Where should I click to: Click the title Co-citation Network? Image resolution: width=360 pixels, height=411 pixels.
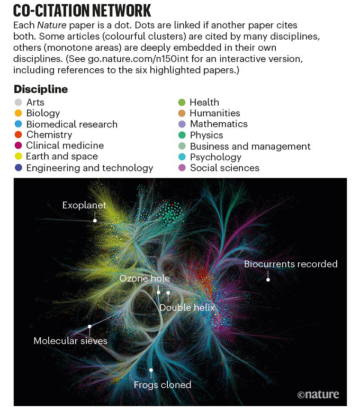[x=82, y=10]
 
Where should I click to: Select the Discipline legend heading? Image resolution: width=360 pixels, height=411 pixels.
[x=41, y=89]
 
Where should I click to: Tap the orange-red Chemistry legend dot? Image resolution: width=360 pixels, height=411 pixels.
[x=19, y=135]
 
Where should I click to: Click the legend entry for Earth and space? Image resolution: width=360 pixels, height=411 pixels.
[x=62, y=157]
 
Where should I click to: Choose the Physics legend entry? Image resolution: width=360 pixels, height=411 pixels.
[x=206, y=135]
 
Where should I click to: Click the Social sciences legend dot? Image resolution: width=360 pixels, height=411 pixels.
[x=182, y=168]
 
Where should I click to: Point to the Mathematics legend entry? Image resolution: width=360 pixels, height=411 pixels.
[x=219, y=124]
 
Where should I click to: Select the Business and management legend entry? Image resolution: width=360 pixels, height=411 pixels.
[x=250, y=146]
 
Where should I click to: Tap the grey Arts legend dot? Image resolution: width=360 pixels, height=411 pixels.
[x=19, y=102]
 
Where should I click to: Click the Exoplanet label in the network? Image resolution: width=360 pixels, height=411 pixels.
[x=84, y=205]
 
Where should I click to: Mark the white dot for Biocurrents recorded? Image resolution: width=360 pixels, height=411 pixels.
[x=268, y=279]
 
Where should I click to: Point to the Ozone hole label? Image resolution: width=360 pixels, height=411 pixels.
[x=145, y=278]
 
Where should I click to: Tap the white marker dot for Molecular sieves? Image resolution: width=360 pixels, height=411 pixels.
[x=89, y=327]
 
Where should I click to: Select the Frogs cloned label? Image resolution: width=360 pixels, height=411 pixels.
[x=163, y=385]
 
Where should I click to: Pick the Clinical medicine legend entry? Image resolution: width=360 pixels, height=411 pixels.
[x=65, y=145]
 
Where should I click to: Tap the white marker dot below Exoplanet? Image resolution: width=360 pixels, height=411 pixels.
[x=95, y=220]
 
